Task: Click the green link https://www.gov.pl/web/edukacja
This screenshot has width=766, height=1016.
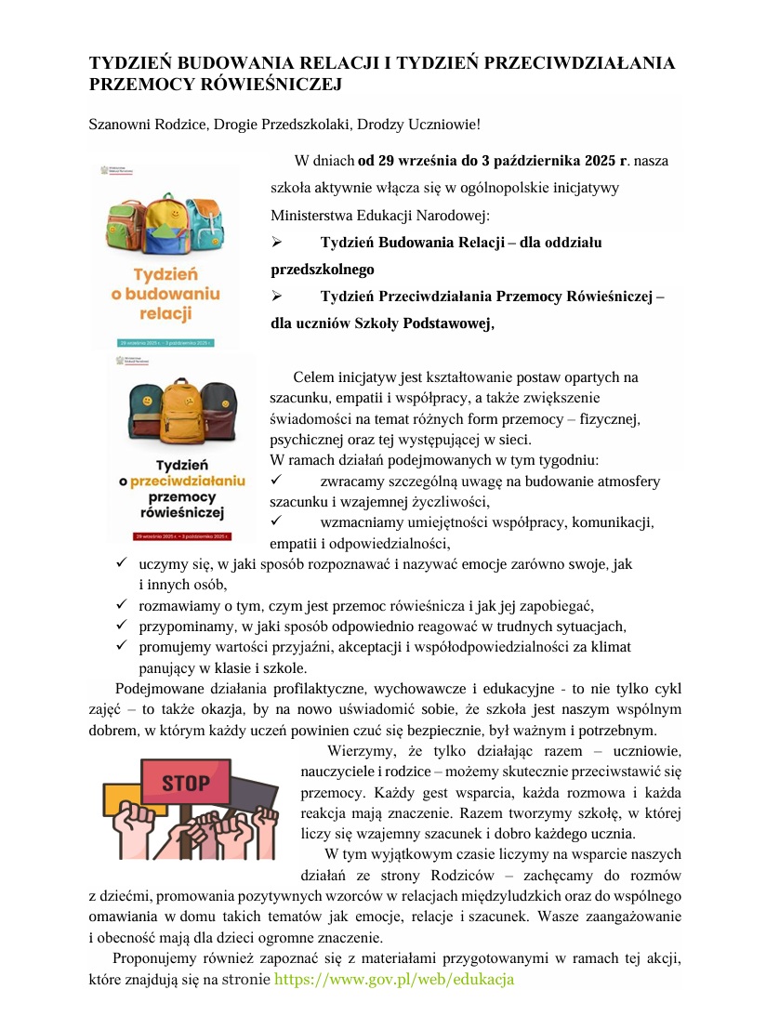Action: pyautogui.click(x=394, y=979)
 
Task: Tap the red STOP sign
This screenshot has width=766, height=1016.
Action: pyautogui.click(x=186, y=782)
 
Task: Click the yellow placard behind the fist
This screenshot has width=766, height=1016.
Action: pyautogui.click(x=122, y=798)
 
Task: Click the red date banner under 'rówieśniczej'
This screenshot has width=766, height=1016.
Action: pyautogui.click(x=181, y=536)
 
